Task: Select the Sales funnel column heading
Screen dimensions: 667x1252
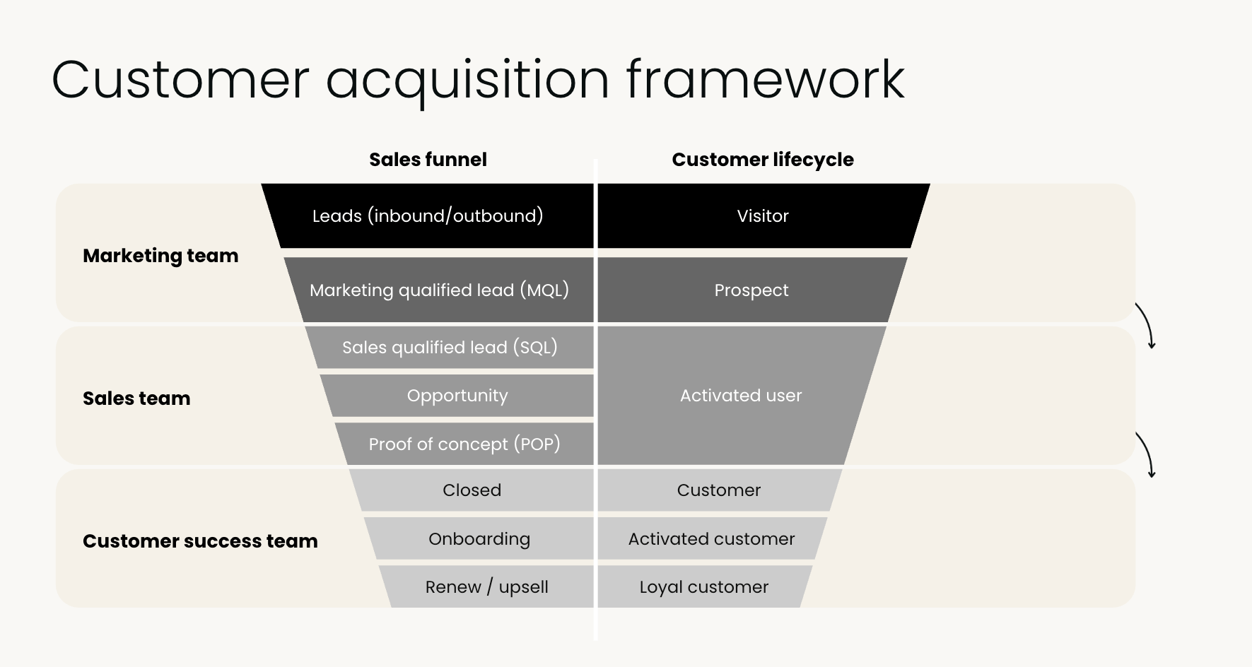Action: click(x=428, y=160)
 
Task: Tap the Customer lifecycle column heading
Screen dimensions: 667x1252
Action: click(x=762, y=160)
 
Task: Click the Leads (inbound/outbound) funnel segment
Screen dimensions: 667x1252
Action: click(x=428, y=216)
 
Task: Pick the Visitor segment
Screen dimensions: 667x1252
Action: click(x=762, y=216)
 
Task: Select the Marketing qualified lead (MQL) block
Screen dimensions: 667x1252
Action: click(x=439, y=290)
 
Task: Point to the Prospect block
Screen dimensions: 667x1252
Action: click(x=751, y=290)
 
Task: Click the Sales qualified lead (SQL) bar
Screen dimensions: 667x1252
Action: click(x=450, y=347)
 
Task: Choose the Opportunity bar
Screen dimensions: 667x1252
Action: click(x=457, y=396)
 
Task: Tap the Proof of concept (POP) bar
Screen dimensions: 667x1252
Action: click(x=464, y=444)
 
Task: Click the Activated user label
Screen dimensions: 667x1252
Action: click(x=740, y=396)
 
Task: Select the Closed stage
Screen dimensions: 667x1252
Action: click(x=472, y=490)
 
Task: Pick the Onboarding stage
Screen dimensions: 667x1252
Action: click(x=479, y=538)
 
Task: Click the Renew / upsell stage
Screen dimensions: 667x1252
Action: click(x=486, y=586)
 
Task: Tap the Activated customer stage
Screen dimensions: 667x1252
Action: click(x=711, y=538)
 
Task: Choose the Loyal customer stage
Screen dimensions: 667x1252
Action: click(x=703, y=586)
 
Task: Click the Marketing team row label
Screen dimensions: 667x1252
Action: click(x=160, y=256)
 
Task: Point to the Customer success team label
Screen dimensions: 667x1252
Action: click(x=200, y=541)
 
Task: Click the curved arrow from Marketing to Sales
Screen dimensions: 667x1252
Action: click(x=1146, y=326)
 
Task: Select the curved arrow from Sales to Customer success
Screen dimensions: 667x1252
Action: click(x=1146, y=455)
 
